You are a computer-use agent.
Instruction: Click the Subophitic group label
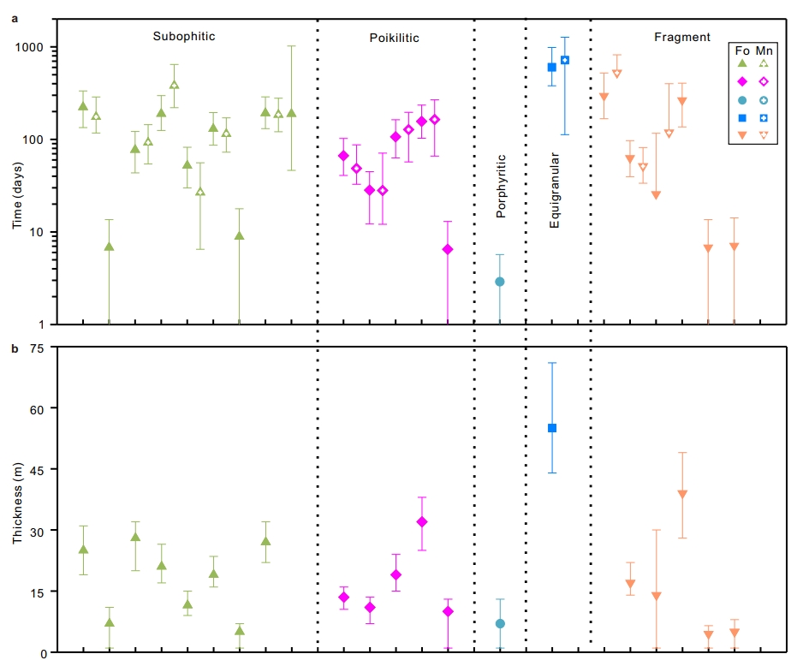183,37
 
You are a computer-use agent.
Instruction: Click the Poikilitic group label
394,38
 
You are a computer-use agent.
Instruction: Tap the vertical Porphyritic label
502,186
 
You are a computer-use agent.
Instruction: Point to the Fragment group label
681,37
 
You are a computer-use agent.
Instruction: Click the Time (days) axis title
16,187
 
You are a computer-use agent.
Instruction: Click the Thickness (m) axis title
16,500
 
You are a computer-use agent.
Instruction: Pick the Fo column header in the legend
742,51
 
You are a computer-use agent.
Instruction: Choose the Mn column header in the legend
764,51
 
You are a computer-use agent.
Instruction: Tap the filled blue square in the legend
742,117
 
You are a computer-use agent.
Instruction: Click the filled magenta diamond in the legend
742,81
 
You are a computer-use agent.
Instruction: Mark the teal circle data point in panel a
500,282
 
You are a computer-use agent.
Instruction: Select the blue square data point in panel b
552,428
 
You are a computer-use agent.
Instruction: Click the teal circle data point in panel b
500,623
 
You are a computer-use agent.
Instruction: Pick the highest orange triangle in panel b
682,494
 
